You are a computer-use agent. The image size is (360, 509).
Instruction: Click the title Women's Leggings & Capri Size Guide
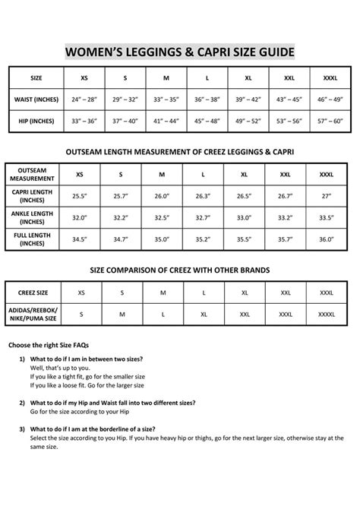coord(180,51)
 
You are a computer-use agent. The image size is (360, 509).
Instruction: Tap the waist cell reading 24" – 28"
coord(85,100)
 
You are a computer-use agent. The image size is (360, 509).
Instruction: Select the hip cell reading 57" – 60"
coord(330,121)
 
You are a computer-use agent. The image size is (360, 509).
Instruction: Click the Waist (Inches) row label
coord(36,100)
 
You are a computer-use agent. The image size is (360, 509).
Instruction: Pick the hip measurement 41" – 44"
coord(166,121)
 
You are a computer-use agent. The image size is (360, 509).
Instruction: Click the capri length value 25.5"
coord(80,196)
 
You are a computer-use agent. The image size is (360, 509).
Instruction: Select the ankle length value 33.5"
coord(326,218)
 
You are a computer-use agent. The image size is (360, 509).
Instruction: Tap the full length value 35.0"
coord(162,240)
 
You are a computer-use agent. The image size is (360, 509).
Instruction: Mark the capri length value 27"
coord(326,196)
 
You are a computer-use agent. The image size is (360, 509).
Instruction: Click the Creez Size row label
coord(32,292)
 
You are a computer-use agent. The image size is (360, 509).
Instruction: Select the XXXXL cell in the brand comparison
coord(326,313)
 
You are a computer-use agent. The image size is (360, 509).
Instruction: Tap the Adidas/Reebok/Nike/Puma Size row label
coord(32,313)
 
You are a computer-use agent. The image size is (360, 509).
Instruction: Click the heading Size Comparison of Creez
coord(180,270)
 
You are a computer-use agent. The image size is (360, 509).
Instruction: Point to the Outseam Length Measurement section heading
coord(180,152)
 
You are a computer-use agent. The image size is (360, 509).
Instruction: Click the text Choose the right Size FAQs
coord(54,345)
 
